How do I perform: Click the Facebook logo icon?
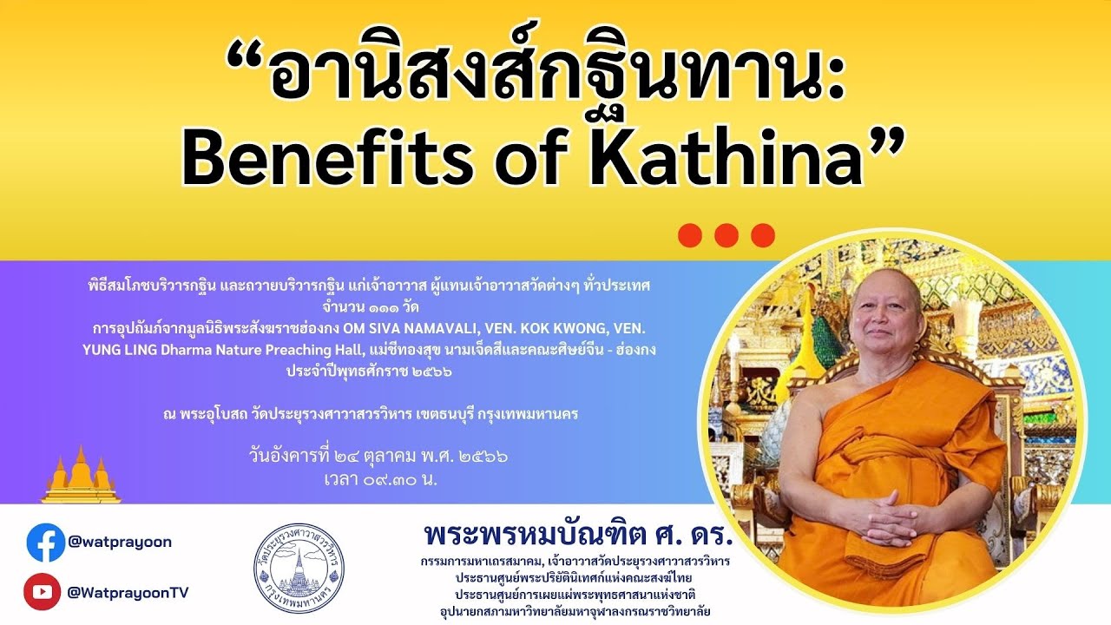pos(45,543)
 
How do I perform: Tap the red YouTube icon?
pos(42,592)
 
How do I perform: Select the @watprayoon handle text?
pos(119,542)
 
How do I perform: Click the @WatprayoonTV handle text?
pos(128,592)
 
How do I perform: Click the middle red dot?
pos(726,235)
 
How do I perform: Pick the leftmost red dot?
pos(690,235)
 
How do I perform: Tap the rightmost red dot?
pos(763,235)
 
